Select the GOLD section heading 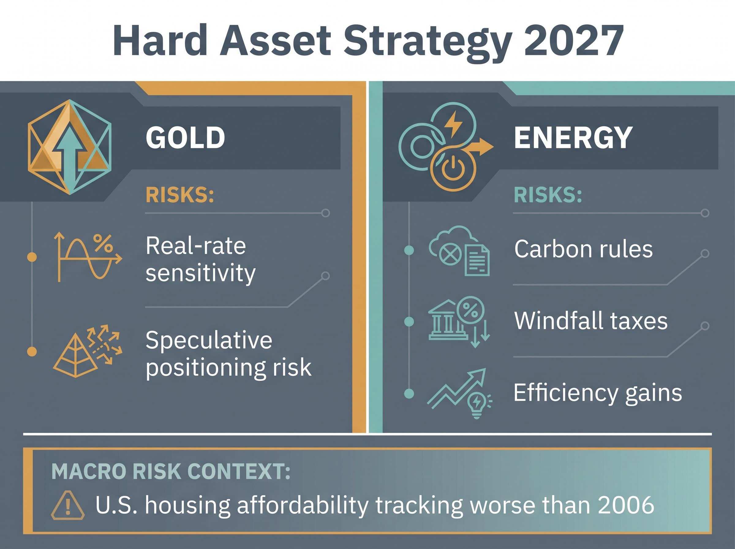[x=185, y=138]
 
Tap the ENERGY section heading [x=573, y=138]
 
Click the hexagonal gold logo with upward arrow [x=70, y=147]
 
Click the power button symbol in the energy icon [x=453, y=168]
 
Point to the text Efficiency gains [x=598, y=393]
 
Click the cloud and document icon [x=459, y=251]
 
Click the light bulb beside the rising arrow [x=477, y=405]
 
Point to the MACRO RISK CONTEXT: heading [x=171, y=471]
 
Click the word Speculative [x=209, y=341]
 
